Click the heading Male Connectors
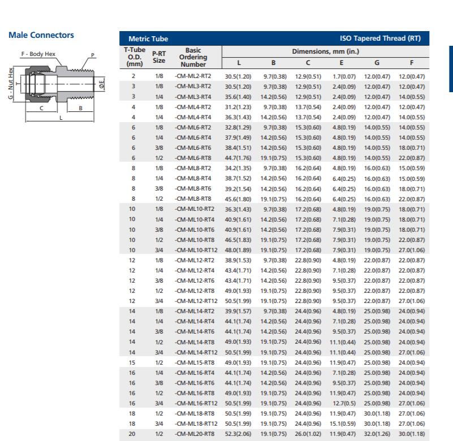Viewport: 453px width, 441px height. [41, 35]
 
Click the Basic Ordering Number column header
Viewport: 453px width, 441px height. [193, 57]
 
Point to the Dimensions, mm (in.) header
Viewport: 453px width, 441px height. [324, 51]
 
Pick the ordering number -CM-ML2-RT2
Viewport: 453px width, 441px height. [193, 76]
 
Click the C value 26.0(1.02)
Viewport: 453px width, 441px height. [308, 433]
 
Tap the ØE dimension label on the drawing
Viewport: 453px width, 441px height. [101, 85]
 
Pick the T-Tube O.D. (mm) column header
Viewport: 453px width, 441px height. [133, 57]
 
